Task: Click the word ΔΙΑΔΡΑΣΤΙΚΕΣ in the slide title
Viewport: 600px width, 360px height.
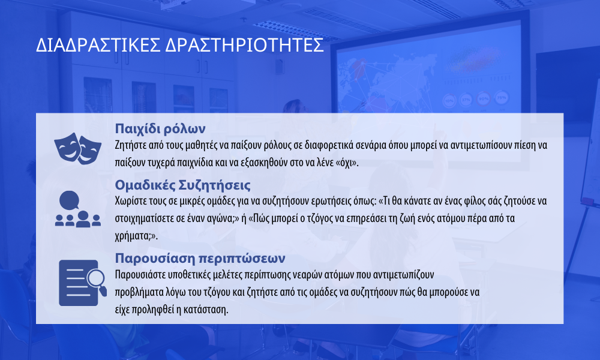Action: pyautogui.click(x=98, y=45)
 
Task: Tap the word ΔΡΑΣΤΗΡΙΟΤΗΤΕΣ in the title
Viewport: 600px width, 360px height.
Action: pyautogui.click(x=245, y=45)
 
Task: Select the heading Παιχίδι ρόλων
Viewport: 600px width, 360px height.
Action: pyautogui.click(x=160, y=128)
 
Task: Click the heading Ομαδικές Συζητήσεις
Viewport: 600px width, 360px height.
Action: pyautogui.click(x=183, y=185)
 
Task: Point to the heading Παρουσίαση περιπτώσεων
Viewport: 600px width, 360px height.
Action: pyautogui.click(x=200, y=258)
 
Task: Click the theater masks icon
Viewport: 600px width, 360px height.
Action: pyautogui.click(x=77, y=148)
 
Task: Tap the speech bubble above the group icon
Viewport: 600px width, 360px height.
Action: pyautogui.click(x=69, y=200)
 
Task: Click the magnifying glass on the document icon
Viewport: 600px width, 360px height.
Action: pyautogui.click(x=97, y=281)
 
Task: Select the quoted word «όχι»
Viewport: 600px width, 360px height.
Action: pyautogui.click(x=347, y=163)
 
